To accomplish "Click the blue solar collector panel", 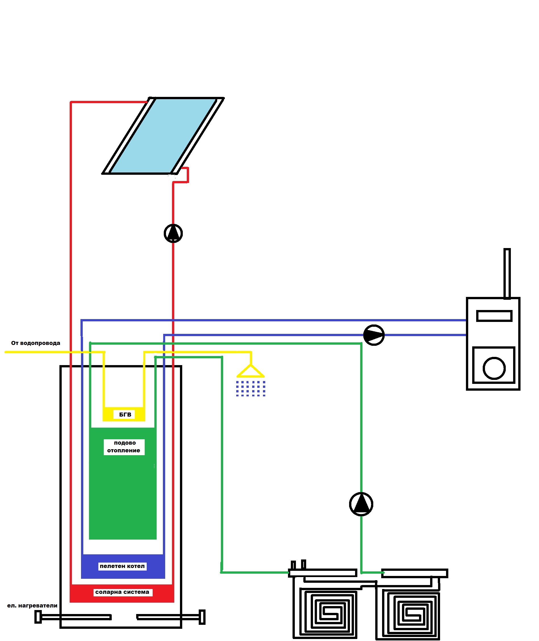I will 163,136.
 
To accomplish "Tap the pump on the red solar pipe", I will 173,234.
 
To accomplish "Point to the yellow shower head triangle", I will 250,372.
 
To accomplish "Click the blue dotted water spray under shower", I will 250,389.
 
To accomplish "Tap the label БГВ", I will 125,415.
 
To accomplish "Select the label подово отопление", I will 124,447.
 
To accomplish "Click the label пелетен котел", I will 122,566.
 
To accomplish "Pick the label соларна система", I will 122,592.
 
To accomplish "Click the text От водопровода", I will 36,343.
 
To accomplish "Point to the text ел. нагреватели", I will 32,605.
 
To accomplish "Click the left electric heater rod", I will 73,617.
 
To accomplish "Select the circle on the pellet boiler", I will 494,368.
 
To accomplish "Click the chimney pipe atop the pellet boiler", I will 507,274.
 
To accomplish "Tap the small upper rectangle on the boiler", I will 494,316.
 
